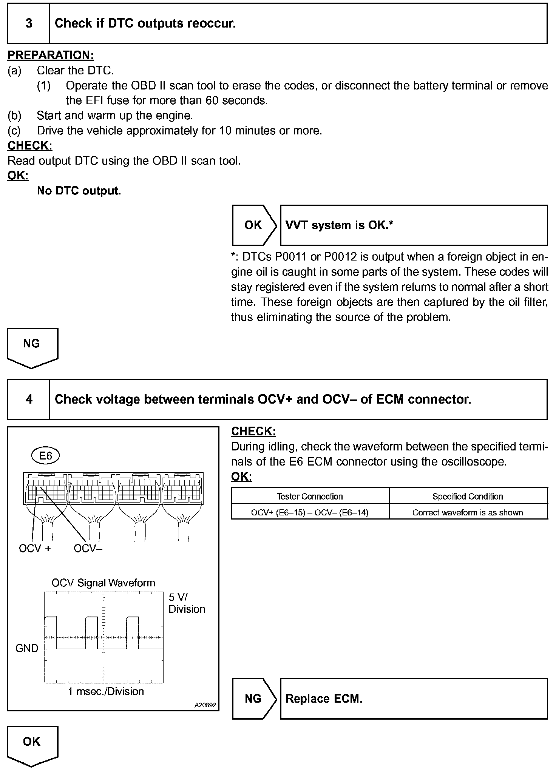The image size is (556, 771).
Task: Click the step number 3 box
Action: [x=29, y=23]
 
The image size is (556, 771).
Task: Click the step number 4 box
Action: [x=29, y=399]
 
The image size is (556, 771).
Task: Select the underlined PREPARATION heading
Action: [x=51, y=55]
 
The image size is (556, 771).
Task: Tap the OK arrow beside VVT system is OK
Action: [x=253, y=225]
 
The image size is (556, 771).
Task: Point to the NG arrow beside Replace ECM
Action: [x=253, y=699]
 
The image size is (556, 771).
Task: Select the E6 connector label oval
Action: [x=46, y=456]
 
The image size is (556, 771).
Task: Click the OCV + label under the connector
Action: [x=34, y=548]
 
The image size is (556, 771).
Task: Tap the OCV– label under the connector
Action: [x=88, y=548]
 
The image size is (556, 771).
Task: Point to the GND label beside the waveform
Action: [x=27, y=648]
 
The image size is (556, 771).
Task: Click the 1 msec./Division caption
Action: [x=106, y=691]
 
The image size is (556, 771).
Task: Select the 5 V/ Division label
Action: [x=187, y=603]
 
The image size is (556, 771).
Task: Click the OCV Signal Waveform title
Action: [x=103, y=583]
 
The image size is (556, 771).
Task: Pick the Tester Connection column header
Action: [x=310, y=497]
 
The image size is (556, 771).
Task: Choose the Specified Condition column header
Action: [x=468, y=497]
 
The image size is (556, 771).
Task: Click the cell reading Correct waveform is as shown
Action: [x=468, y=512]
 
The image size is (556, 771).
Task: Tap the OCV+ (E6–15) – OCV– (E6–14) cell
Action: [x=310, y=512]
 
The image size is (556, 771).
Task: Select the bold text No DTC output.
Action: [x=79, y=191]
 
